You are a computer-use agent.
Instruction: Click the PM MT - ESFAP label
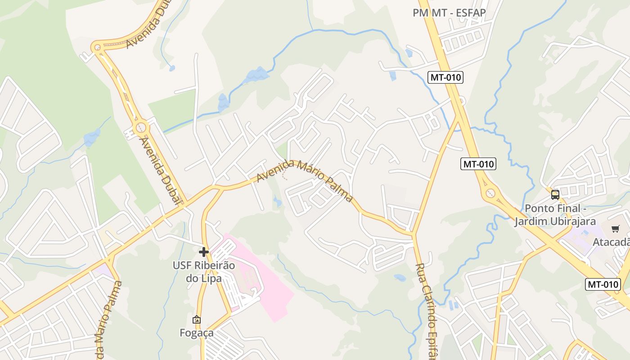coord(449,13)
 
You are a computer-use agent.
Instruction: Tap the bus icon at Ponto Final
coord(555,195)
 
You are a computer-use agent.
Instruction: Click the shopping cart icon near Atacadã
coord(615,229)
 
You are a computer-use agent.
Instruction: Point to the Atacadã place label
coord(611,242)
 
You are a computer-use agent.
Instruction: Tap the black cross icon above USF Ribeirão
coord(204,252)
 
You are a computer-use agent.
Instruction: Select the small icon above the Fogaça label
coord(197,319)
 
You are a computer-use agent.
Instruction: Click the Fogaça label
coord(197,333)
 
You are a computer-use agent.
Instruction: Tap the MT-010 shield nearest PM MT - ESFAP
coord(445,77)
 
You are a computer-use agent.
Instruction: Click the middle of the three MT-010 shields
coord(478,164)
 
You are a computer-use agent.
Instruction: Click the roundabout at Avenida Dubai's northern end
coord(97,46)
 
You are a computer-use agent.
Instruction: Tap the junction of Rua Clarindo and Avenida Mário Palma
coord(414,234)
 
